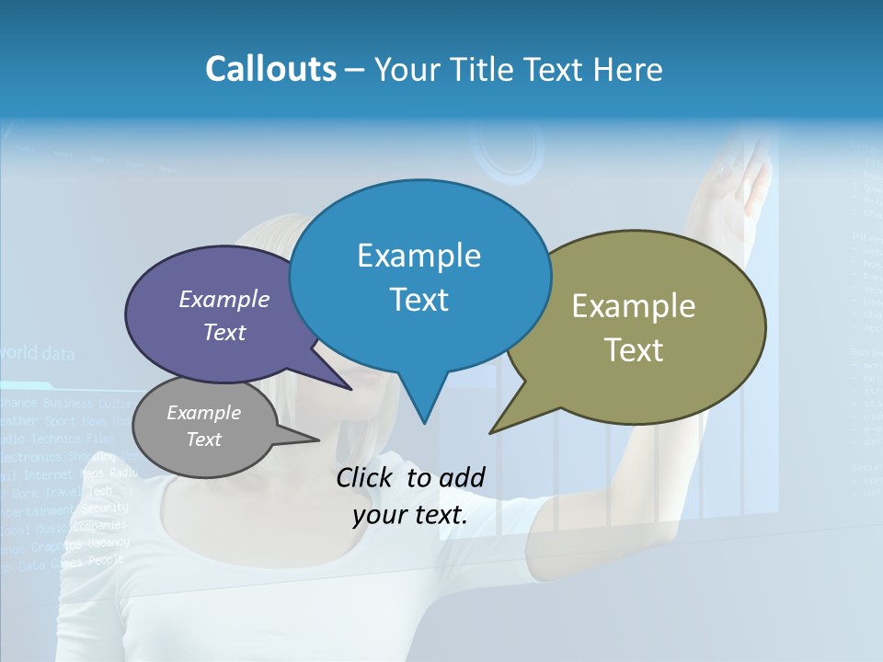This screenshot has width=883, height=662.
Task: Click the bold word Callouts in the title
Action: click(x=270, y=70)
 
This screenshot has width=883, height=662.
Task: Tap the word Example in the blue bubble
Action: click(x=419, y=256)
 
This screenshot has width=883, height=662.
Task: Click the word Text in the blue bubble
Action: click(x=419, y=300)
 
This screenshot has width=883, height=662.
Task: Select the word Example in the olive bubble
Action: click(x=634, y=306)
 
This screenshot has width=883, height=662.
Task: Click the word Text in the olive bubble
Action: click(x=634, y=350)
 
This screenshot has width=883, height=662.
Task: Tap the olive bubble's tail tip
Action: click(x=491, y=432)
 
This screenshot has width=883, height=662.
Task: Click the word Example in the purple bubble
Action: click(x=224, y=300)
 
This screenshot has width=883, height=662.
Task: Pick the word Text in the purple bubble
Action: click(x=224, y=333)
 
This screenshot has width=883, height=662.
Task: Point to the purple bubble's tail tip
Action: click(x=351, y=389)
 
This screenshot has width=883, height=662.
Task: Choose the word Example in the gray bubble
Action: click(x=203, y=413)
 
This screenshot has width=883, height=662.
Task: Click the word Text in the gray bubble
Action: click(x=203, y=439)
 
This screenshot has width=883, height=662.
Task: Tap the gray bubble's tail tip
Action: click(x=318, y=439)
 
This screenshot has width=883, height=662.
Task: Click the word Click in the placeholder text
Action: click(x=368, y=477)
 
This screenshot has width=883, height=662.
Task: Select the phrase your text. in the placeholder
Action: click(x=410, y=515)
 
